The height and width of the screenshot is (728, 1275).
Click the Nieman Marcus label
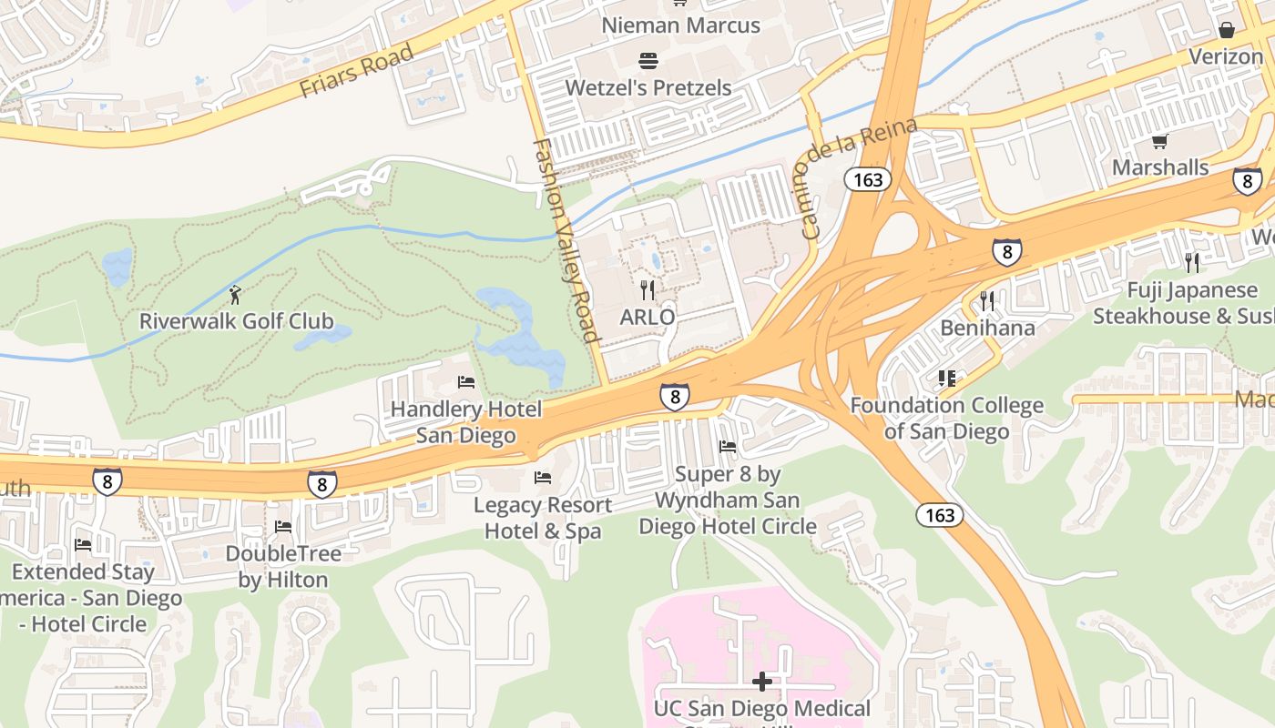[x=680, y=25]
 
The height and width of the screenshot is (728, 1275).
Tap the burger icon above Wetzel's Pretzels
[x=648, y=61]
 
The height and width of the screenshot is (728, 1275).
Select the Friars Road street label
[x=357, y=72]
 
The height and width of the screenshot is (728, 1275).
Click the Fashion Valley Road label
[x=566, y=241]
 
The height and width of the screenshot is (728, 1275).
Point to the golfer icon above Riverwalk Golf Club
[x=236, y=295]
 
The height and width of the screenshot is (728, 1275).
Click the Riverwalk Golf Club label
[x=236, y=321]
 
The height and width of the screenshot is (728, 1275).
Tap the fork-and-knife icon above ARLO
[x=648, y=290]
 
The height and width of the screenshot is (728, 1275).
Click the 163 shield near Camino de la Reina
[x=868, y=179]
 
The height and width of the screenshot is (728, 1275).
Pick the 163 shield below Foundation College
[x=939, y=516]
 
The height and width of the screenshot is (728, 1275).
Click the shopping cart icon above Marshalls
[x=1159, y=141]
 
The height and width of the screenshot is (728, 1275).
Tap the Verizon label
[x=1226, y=56]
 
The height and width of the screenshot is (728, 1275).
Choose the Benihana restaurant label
[x=987, y=328]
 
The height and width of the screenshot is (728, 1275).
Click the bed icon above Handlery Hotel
[x=466, y=382]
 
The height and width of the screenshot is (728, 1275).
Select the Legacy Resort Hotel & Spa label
[x=543, y=518]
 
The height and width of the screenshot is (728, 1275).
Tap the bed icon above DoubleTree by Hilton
[x=283, y=527]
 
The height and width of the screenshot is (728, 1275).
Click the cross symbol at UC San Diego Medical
[x=762, y=681]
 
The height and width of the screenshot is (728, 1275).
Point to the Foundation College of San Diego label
[x=946, y=418]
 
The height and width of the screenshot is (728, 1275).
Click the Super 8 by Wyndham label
[x=727, y=500]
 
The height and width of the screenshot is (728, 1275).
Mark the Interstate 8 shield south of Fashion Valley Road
[x=674, y=397]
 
